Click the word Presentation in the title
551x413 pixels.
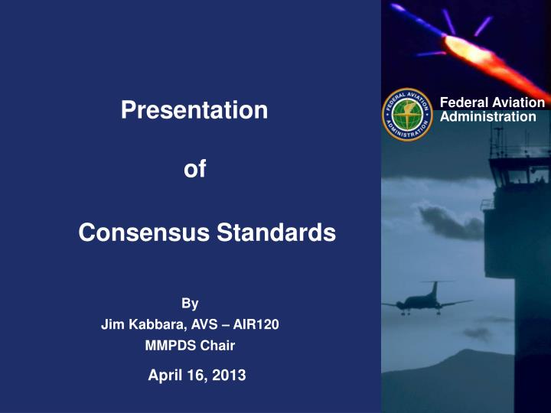[194, 110]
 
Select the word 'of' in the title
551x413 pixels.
[195, 169]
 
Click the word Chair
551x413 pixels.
[219, 346]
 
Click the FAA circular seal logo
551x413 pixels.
[408, 111]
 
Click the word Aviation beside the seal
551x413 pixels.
[517, 103]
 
